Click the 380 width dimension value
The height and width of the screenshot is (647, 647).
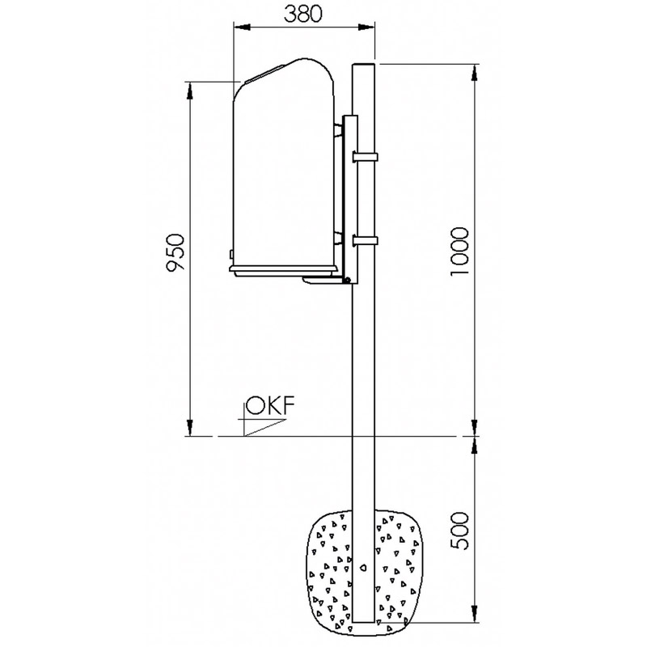(x=304, y=14)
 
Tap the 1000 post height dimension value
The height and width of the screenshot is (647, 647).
(x=459, y=251)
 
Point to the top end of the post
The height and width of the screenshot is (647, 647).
(x=365, y=65)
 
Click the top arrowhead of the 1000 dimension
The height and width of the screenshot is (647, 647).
(x=475, y=70)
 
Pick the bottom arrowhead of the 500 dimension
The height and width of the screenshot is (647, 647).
(x=475, y=616)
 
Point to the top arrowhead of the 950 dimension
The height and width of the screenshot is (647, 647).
(x=192, y=87)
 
